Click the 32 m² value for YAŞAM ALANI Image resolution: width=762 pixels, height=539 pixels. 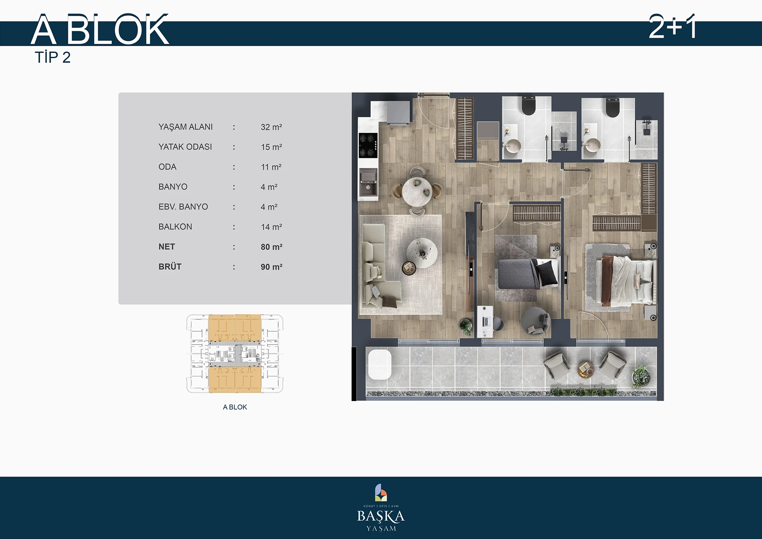[271, 127]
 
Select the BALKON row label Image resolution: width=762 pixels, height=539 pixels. [175, 227]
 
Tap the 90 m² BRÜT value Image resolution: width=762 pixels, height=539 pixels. [272, 267]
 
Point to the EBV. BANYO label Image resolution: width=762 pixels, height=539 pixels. [183, 207]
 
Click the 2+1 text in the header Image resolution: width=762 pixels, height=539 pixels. [673, 27]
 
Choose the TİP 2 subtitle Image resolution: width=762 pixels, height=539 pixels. [53, 58]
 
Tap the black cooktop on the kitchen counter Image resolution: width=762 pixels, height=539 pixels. [368, 145]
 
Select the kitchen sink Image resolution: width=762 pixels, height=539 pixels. [368, 181]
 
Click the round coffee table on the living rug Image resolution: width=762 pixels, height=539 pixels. [422, 253]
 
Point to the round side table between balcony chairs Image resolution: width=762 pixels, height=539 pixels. [586, 369]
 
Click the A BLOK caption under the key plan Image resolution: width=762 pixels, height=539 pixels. [235, 407]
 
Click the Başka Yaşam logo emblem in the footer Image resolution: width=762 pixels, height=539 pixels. [381, 492]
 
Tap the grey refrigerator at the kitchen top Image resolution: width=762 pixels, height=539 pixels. [398, 112]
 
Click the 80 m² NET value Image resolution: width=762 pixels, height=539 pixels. [272, 247]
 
